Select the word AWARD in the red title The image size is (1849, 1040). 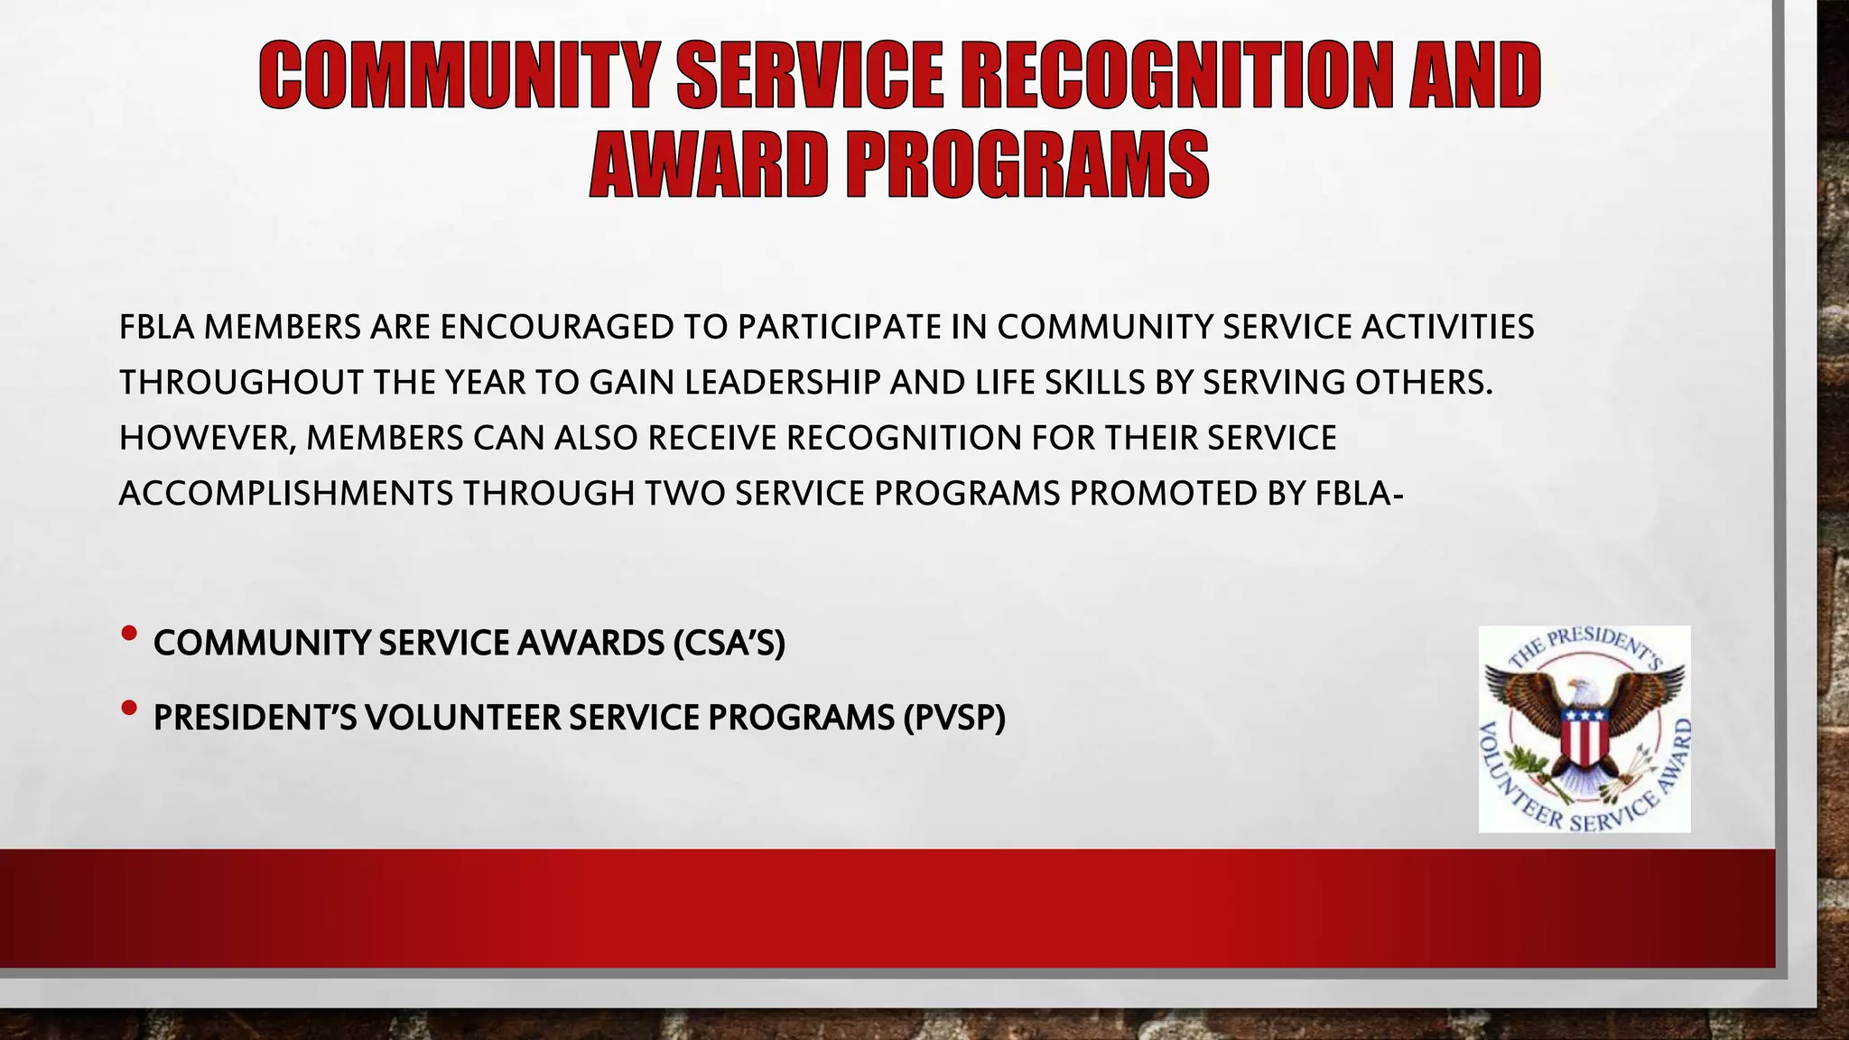click(708, 165)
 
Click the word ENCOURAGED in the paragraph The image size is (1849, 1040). click(557, 327)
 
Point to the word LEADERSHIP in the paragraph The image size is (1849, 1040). click(782, 383)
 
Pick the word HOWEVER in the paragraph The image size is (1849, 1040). click(207, 439)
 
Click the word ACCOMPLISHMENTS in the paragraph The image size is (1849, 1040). click(286, 494)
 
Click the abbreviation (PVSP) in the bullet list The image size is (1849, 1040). click(954, 719)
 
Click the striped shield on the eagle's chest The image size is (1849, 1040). click(1584, 734)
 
